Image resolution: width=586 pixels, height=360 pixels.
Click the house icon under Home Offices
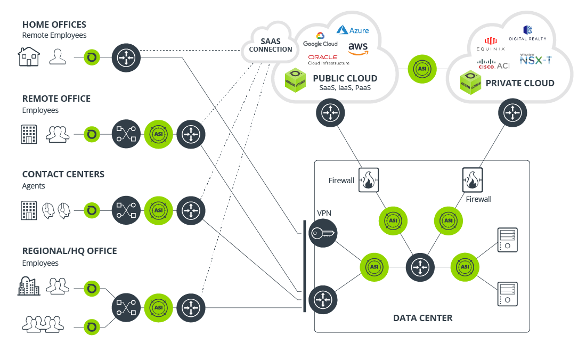pyautogui.click(x=29, y=56)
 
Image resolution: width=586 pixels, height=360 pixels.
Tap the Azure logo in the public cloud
pyautogui.click(x=353, y=30)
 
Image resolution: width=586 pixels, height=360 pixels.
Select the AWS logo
pyautogui.click(x=358, y=48)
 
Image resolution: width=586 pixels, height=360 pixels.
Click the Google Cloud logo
pyautogui.click(x=320, y=40)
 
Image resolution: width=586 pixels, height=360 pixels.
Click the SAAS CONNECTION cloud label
pyautogui.click(x=271, y=45)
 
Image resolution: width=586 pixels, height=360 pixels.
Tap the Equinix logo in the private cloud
pyautogui.click(x=490, y=44)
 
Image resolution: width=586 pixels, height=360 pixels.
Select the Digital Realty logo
pyautogui.click(x=527, y=33)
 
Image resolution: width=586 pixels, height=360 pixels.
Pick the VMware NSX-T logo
pyautogui.click(x=535, y=59)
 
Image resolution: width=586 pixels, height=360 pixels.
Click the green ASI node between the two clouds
pyautogui.click(x=422, y=69)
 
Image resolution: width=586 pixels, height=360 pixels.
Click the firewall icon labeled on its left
pyautogui.click(x=368, y=181)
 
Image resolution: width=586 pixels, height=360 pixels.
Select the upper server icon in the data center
pyautogui.click(x=507, y=240)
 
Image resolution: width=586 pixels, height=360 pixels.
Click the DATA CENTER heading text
pyautogui.click(x=422, y=318)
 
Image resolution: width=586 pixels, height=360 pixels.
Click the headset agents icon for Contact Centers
pyautogui.click(x=56, y=210)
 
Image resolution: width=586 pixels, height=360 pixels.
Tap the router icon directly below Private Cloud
pyautogui.click(x=512, y=113)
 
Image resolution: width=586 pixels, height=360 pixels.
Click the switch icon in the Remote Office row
pyautogui.click(x=126, y=134)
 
